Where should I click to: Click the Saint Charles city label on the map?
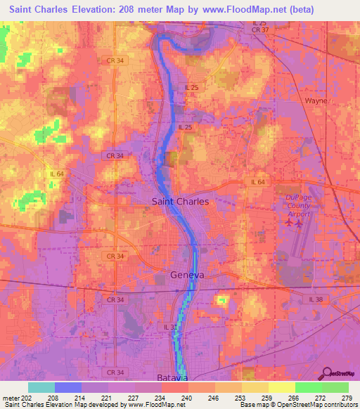(181, 201)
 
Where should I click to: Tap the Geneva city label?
(187, 275)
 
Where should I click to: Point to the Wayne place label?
(316, 100)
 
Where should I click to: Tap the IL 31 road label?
(171, 327)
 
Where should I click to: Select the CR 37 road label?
(260, 30)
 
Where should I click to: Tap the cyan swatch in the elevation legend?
(41, 387)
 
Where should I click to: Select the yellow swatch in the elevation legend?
(281, 387)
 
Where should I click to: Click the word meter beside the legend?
(11, 397)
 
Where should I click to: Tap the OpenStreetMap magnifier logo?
(328, 373)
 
